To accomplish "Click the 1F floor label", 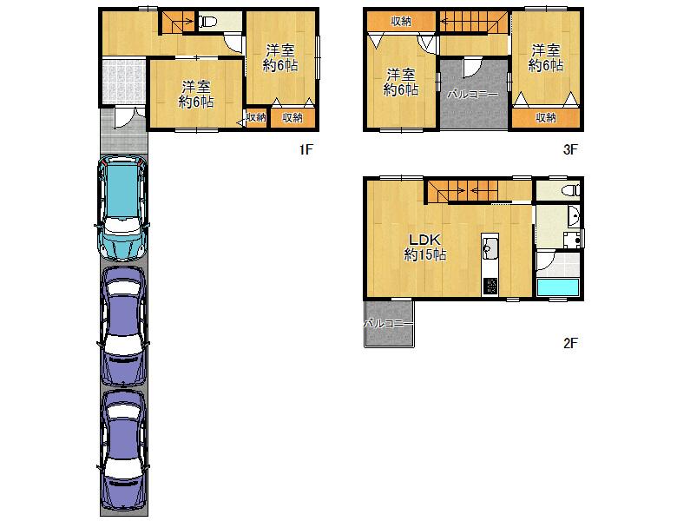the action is point(306,149).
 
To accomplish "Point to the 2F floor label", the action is point(570,343).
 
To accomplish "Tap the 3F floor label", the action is point(570,149).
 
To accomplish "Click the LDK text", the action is point(424,240).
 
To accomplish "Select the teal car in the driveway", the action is point(123,208).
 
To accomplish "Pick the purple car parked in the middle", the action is point(123,326).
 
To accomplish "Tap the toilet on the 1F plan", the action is point(208,21).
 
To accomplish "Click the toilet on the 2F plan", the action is point(571,190).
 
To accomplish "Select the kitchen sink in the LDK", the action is point(490,248).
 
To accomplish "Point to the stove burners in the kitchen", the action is point(490,286).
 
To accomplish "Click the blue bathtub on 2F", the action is point(557,287).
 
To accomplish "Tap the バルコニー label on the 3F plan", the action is point(472,94).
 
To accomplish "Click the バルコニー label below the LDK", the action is point(389,323).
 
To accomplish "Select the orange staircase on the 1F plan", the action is point(178,23).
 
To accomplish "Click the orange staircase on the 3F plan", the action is point(474,22).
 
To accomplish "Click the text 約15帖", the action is point(424,255).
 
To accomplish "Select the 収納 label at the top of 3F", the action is point(401,21).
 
